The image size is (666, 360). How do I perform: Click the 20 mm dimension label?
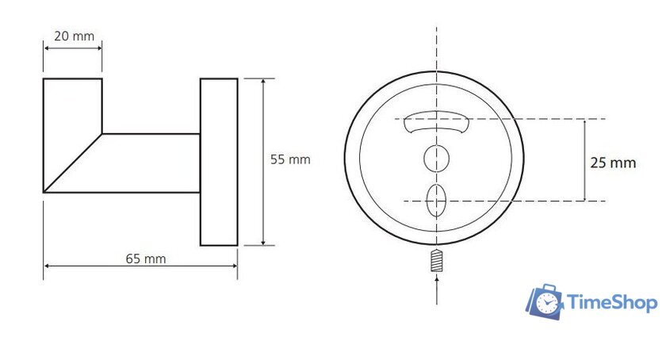75,36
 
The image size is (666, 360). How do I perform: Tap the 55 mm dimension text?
290,160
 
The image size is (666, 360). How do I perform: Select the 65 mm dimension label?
146,259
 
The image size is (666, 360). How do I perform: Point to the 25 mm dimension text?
613,163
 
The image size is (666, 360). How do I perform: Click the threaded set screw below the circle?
437,261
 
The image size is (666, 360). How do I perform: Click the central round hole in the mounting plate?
437,159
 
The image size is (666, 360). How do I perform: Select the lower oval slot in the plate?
437,201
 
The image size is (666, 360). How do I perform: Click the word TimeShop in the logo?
612,303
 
